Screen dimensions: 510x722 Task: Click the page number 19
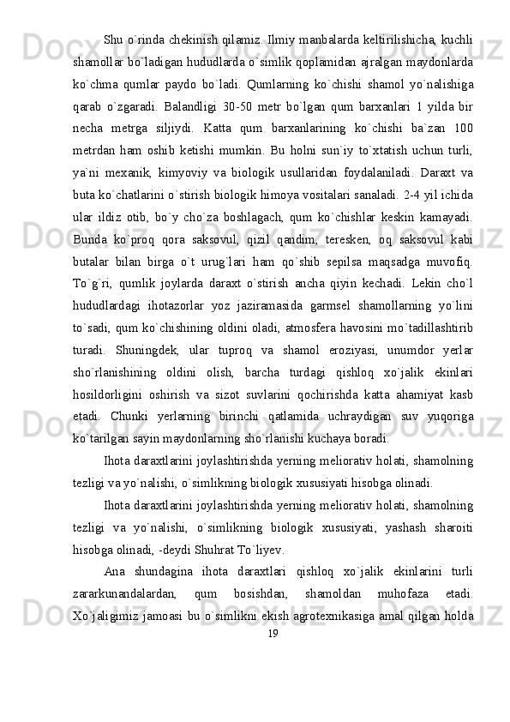[273, 633]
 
